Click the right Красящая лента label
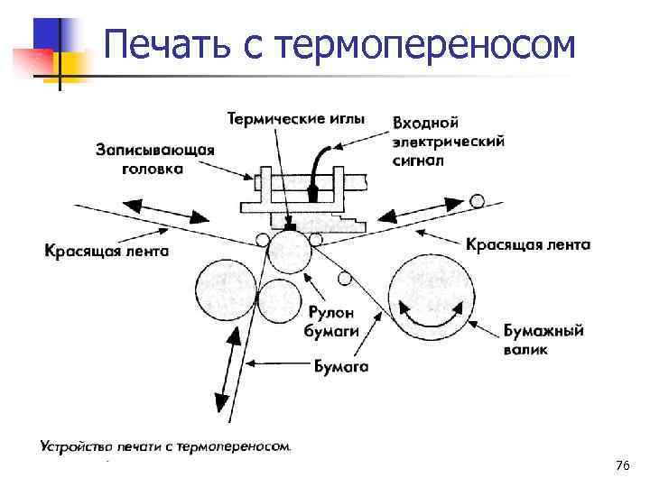tap(529, 243)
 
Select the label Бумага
tap(341, 366)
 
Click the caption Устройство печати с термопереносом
tap(166, 446)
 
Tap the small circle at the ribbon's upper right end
tap(476, 201)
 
